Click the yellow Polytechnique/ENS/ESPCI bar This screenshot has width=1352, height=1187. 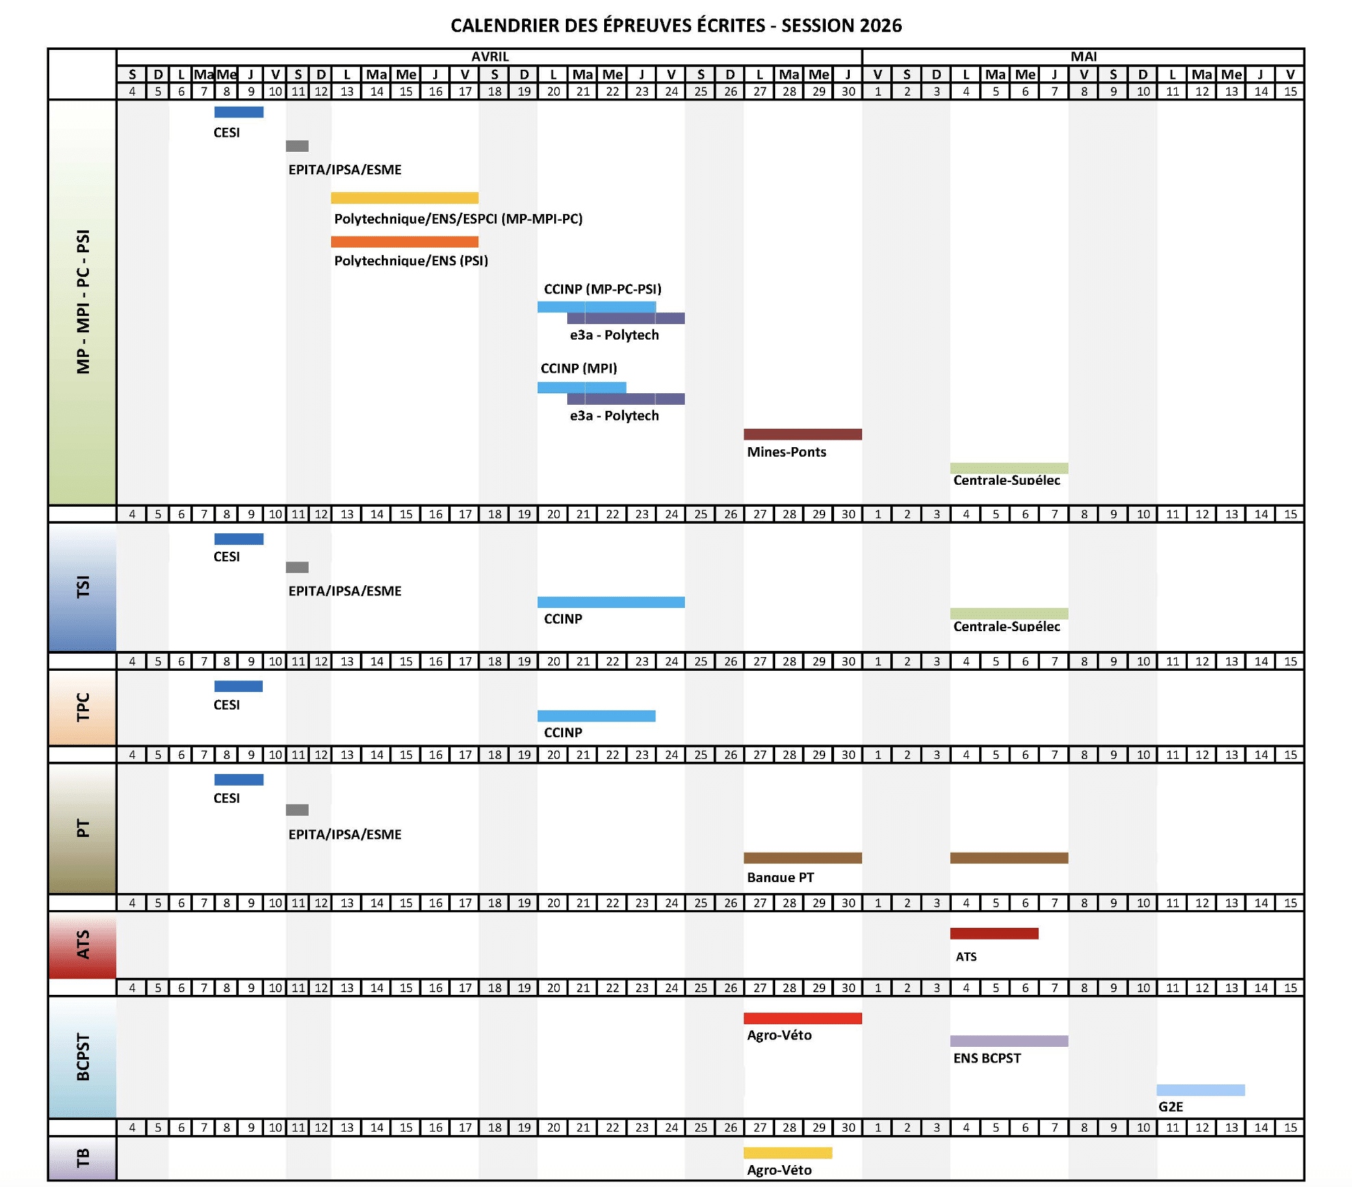pos(404,198)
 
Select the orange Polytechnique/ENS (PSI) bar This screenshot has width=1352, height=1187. pos(404,241)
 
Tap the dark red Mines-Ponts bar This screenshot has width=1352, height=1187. pos(802,434)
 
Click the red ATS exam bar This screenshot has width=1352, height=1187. pos(993,933)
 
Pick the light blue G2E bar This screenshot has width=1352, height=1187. pos(1200,1090)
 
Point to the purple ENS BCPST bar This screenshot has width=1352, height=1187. pos(1009,1041)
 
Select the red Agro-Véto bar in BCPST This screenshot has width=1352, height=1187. pos(802,1018)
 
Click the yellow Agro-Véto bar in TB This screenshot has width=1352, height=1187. pos(788,1153)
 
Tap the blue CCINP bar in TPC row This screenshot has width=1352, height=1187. pos(596,716)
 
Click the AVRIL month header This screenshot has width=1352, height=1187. pos(490,57)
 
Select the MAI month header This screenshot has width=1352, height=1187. pos(1083,57)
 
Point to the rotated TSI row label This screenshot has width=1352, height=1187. pos(83,587)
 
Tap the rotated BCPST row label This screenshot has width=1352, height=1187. pos(83,1057)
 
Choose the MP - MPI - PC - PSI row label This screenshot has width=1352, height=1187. pos(83,302)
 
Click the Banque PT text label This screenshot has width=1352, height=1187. pos(780,877)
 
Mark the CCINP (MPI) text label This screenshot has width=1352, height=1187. pos(578,369)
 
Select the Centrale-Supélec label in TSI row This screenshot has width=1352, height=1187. pos(1006,626)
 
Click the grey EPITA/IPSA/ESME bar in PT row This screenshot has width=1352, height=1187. pos(297,810)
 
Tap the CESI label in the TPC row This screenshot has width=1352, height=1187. pos(226,705)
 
